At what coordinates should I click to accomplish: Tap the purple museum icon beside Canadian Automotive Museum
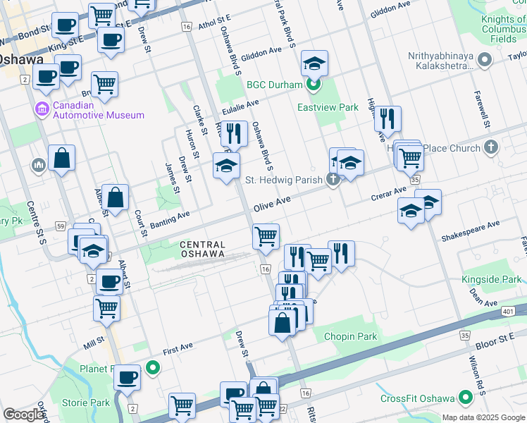click(41, 110)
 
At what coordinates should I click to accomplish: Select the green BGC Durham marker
click(314, 85)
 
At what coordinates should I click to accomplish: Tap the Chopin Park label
click(350, 337)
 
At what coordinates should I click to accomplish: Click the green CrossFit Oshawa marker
click(464, 398)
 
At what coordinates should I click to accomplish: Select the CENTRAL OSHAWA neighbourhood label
click(201, 249)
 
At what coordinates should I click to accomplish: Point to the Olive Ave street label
click(273, 202)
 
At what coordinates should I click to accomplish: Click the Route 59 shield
click(42, 226)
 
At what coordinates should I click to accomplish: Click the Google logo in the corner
click(23, 415)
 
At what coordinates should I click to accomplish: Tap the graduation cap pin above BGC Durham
click(315, 64)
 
